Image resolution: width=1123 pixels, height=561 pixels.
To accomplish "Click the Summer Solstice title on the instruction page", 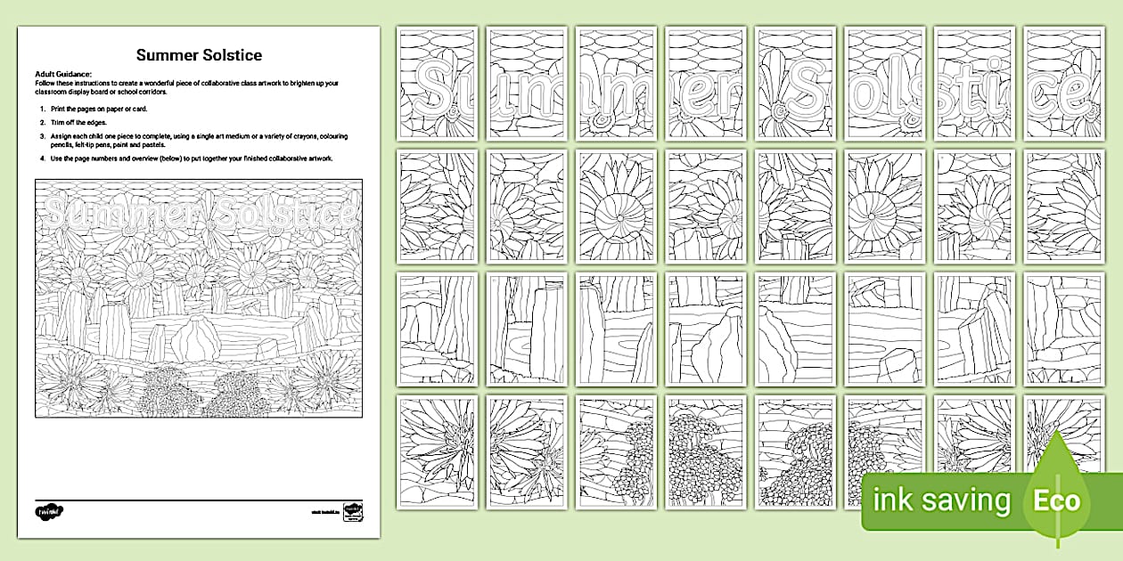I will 199,55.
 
